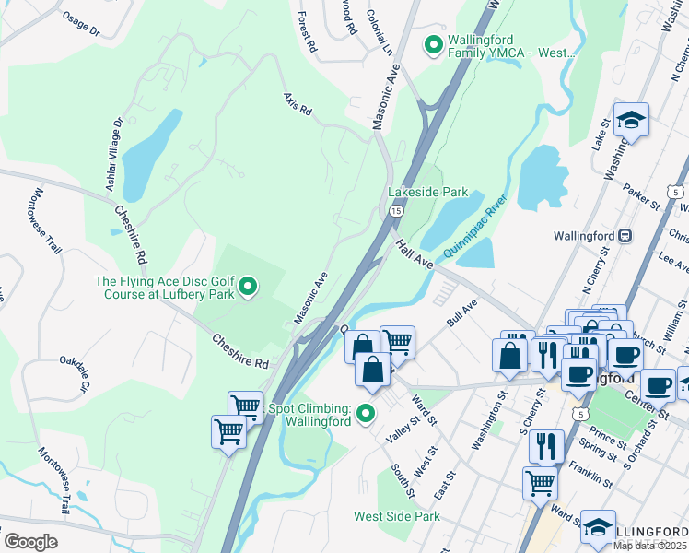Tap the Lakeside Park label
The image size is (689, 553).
[x=427, y=193]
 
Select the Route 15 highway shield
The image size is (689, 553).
[x=394, y=212]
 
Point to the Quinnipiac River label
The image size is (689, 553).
[x=474, y=226]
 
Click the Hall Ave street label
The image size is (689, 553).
[x=415, y=254]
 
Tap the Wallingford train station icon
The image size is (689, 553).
[x=625, y=235]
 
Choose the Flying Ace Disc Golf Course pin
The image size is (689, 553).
[x=247, y=289]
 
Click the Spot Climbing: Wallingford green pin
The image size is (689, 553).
[x=366, y=414]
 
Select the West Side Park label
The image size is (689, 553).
[x=397, y=517]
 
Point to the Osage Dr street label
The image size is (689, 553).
[x=81, y=23]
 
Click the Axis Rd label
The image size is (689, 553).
[x=298, y=103]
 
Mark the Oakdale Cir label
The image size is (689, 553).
[x=73, y=373]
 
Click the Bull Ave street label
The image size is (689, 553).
[x=462, y=312]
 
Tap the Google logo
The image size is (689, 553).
[x=30, y=542]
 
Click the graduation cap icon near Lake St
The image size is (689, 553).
[x=631, y=121]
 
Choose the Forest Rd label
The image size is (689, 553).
[x=308, y=31]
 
